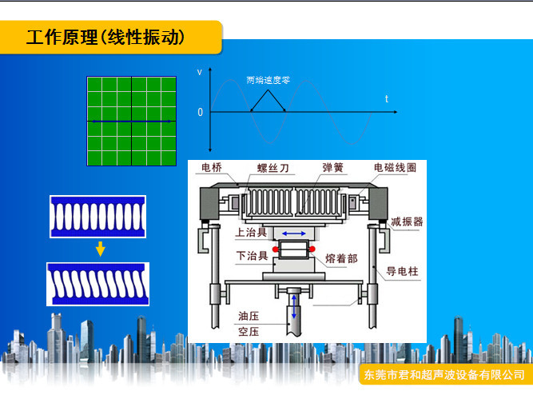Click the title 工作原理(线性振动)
(105, 37)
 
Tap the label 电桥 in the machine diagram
(212, 167)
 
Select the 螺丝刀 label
(273, 168)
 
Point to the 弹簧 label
(332, 167)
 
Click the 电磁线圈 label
(395, 167)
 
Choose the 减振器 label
(407, 221)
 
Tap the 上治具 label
(251, 232)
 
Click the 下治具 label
(252, 256)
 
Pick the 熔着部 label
(341, 258)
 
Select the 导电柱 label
(402, 271)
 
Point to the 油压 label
(249, 316)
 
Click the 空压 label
(249, 332)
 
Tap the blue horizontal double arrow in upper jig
(294, 233)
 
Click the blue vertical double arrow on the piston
(294, 307)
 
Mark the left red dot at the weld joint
(276, 249)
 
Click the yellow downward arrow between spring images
(100, 249)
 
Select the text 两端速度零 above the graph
(268, 80)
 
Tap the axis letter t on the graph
(387, 99)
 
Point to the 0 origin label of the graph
(201, 112)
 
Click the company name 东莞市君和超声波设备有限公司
(444, 375)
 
